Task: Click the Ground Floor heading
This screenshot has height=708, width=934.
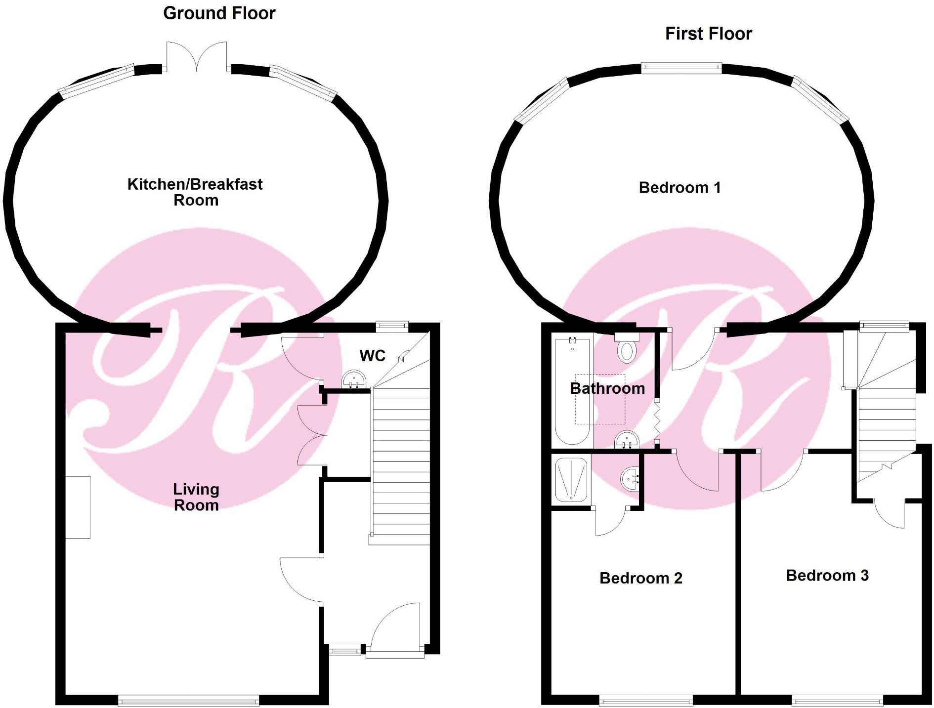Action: [219, 13]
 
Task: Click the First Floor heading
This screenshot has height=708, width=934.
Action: [708, 34]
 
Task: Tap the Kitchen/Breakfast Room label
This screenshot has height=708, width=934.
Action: [195, 192]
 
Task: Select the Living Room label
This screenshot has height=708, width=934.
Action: [196, 497]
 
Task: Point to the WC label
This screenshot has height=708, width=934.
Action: [372, 356]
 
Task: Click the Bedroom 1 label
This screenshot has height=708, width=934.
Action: [679, 188]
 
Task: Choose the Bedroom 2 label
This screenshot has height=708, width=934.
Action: [640, 578]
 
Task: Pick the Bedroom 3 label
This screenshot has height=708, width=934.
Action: [827, 576]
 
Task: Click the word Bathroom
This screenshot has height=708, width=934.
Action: [607, 388]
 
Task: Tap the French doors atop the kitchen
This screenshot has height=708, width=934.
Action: [197, 57]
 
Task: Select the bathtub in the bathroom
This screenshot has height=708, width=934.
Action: [572, 390]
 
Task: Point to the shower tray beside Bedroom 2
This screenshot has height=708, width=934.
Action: [571, 479]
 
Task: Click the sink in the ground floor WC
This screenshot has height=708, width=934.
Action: [354, 379]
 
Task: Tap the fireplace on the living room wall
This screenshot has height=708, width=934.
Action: [78, 507]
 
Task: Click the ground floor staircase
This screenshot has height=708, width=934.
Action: [400, 464]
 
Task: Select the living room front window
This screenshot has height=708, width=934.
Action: [188, 700]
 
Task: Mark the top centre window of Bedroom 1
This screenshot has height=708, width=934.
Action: [681, 68]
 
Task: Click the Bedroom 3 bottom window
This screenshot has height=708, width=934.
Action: [837, 700]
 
